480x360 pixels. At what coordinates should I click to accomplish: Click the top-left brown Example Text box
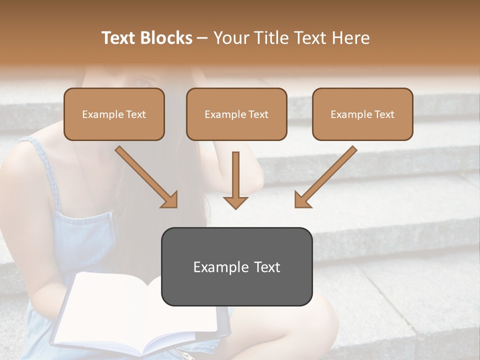[x=114, y=114]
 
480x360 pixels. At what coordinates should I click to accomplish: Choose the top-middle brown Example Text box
[x=236, y=114]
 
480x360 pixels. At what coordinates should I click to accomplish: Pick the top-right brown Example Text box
[x=362, y=114]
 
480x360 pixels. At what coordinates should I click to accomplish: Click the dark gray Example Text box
[x=236, y=266]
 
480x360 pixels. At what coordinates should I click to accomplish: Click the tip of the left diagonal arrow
[x=176, y=206]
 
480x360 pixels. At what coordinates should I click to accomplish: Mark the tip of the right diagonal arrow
[x=296, y=206]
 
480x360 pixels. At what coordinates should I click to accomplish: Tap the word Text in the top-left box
[x=136, y=114]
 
